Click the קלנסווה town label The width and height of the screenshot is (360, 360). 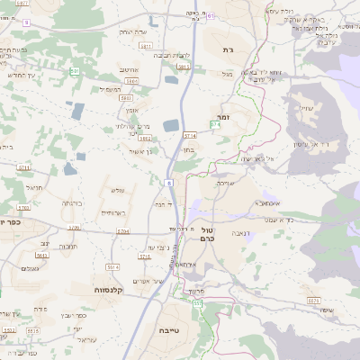[109, 290]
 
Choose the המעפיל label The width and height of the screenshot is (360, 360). [110, 88]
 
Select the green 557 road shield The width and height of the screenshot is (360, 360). [197, 305]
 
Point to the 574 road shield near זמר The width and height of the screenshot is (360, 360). [216, 124]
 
